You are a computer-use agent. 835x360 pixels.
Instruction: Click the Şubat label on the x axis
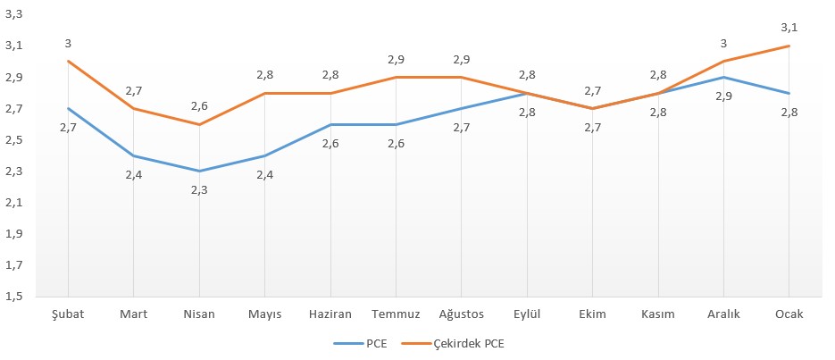pos(68,314)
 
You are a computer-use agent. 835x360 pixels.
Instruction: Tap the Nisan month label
pos(198,314)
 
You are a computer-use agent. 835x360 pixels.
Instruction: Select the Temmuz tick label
pos(396,314)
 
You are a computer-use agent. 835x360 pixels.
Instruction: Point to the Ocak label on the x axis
pos(789,314)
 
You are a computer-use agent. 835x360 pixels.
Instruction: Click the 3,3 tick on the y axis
pos(15,14)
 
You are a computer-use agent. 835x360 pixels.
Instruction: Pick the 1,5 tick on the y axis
pos(15,297)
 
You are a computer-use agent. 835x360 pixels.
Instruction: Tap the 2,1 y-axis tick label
pos(15,203)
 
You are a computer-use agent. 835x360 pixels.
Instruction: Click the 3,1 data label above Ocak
pos(789,27)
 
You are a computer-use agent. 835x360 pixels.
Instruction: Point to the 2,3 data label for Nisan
pos(198,189)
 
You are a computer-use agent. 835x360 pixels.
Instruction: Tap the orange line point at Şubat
pos(68,62)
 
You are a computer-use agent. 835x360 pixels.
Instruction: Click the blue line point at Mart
pos(133,155)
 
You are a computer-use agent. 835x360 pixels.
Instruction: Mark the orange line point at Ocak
pos(789,46)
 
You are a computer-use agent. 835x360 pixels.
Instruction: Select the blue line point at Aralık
pos(723,77)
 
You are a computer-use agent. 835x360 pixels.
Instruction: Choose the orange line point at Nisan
pos(198,124)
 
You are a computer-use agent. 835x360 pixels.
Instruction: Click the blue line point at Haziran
pos(330,124)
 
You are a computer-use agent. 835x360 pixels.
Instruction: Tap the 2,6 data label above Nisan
pos(198,106)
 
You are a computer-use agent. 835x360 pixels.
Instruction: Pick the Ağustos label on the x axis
pos(461,314)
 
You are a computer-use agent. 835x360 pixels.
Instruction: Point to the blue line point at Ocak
pos(789,93)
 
